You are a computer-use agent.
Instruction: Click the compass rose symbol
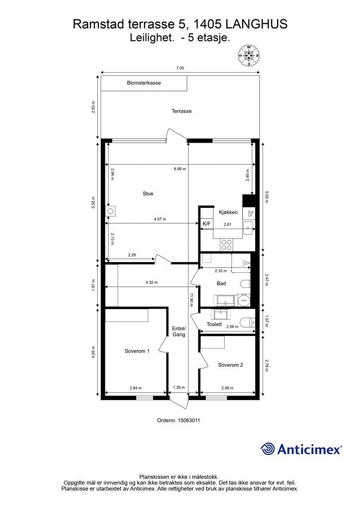(x=249, y=56)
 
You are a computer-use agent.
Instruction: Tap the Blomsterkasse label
(x=144, y=83)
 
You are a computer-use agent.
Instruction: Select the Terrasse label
(x=181, y=111)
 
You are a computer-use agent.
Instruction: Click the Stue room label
(x=148, y=193)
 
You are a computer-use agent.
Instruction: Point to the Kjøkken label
(x=228, y=212)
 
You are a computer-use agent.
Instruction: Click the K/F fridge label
(x=206, y=224)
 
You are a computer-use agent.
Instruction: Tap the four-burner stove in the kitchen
(x=226, y=245)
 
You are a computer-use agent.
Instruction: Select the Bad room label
(x=221, y=283)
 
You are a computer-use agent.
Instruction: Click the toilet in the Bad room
(x=245, y=284)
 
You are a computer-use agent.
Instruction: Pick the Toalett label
(x=214, y=324)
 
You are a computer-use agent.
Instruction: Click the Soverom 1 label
(x=137, y=351)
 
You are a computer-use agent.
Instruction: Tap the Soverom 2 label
(x=231, y=365)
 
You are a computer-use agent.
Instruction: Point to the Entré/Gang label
(x=179, y=332)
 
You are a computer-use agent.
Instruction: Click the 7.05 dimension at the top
(x=180, y=68)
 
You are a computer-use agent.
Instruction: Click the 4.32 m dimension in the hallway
(x=152, y=282)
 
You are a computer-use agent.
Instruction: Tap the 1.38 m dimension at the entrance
(x=179, y=387)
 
